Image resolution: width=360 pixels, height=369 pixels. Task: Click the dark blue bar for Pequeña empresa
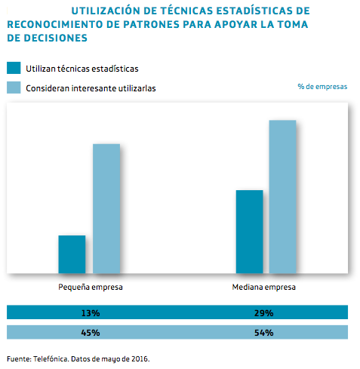click(72, 254)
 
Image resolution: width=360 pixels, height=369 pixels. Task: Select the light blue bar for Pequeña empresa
click(106, 208)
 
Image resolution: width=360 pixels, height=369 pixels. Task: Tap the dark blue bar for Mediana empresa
click(249, 232)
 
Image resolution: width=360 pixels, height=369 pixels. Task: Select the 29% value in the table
click(263, 312)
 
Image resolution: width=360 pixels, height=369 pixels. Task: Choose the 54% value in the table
click(263, 332)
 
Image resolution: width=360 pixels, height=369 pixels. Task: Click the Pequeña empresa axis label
click(91, 288)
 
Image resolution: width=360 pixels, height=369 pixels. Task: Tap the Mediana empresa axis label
click(263, 288)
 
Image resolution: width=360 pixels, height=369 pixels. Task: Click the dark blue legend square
click(13, 68)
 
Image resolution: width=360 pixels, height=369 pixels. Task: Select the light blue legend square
click(13, 88)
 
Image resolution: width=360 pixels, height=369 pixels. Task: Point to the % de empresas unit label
click(322, 87)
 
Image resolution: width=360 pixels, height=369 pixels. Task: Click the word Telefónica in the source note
click(52, 358)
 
